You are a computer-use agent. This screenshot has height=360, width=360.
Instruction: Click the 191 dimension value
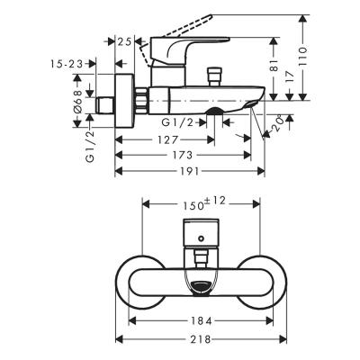pos(188,170)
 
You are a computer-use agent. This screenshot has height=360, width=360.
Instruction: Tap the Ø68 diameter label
pos(77,99)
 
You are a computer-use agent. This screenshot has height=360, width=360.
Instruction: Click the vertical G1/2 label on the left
pos(90,144)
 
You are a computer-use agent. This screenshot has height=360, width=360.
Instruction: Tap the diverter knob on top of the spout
pos(215,75)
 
